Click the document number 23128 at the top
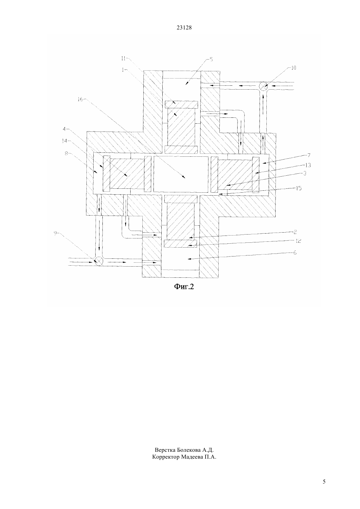pos(184,28)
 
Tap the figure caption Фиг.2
pos(184,287)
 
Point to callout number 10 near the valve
pos(294,68)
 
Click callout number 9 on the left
pos(55,233)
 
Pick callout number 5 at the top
pos(211,60)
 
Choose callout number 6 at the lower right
pos(295,253)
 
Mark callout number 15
pos(299,188)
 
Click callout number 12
pos(298,241)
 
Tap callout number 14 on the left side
pos(64,141)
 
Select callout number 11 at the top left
pos(123,59)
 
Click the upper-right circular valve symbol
pos(263,86)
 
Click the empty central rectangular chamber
pos(181,174)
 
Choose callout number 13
pos(308,165)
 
